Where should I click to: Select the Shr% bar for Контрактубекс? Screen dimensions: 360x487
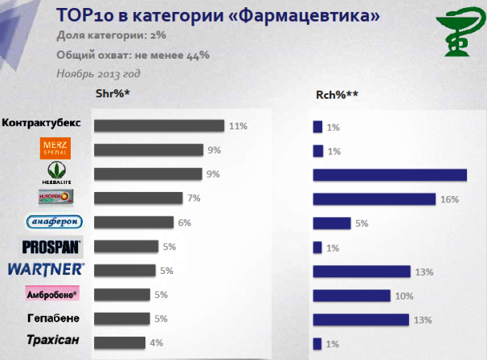[158, 125]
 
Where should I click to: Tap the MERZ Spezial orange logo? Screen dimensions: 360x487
[55, 149]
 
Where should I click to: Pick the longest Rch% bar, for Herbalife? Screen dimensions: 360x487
[390, 175]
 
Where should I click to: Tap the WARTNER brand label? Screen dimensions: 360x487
[46, 270]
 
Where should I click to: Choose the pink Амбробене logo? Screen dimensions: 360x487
[52, 294]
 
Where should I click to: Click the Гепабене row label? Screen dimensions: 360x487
[53, 318]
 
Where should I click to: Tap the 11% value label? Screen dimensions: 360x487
[237, 126]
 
